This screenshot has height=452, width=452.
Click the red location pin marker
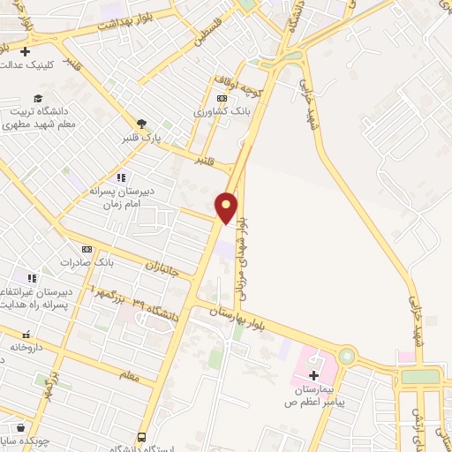[x=227, y=207]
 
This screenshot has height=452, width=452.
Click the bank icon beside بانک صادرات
[x=87, y=249]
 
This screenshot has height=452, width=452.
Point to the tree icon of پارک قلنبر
[x=141, y=124]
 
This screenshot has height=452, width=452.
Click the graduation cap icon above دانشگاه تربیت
[x=37, y=99]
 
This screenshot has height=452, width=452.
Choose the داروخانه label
[x=26, y=348]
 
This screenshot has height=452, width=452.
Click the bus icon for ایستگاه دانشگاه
[x=141, y=437]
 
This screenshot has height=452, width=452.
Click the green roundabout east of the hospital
[x=345, y=357]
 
